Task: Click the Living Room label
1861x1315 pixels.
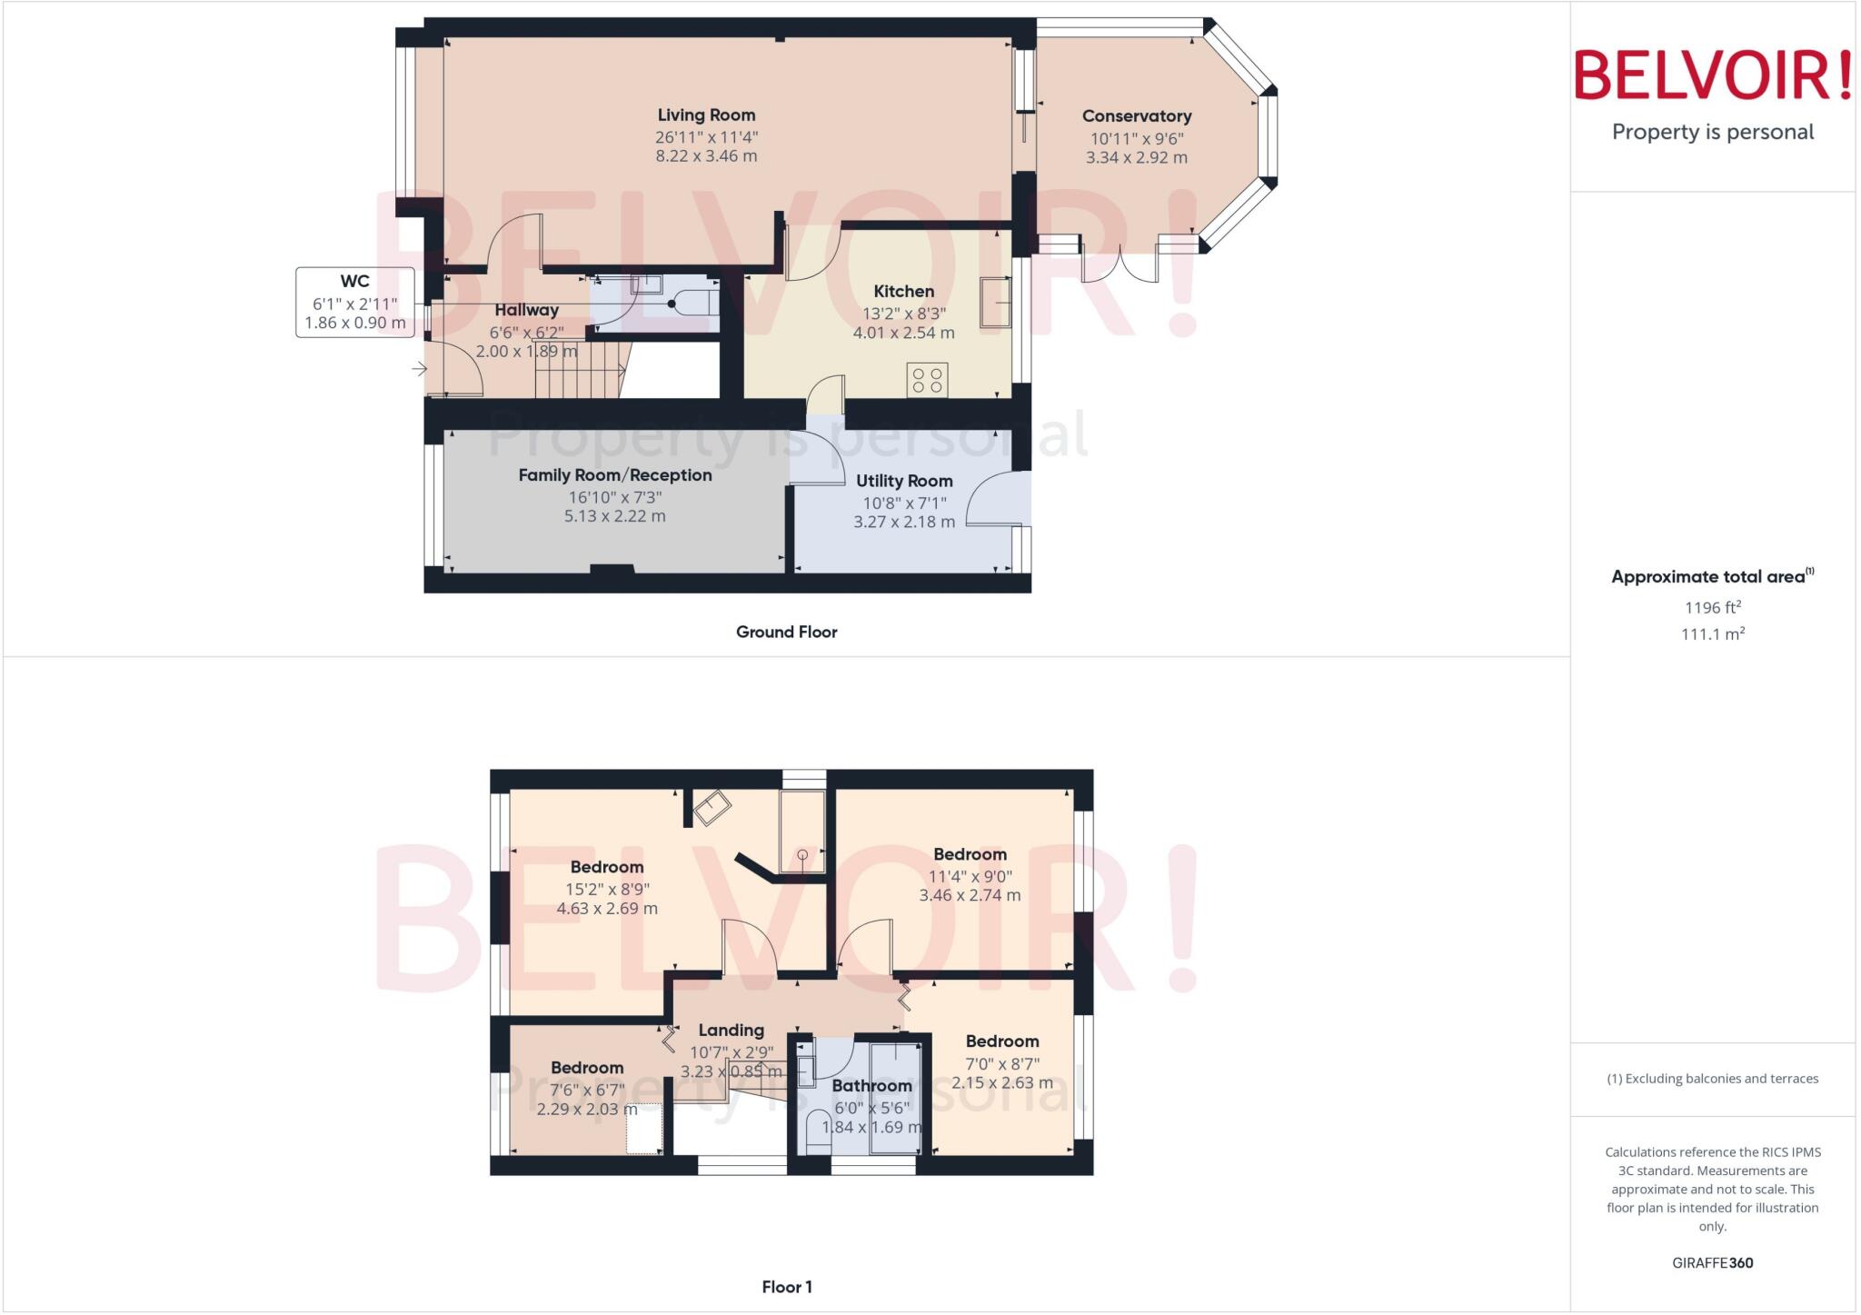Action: tap(706, 115)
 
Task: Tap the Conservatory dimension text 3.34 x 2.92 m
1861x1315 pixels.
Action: tap(1136, 157)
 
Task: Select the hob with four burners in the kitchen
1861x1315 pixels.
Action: tap(927, 380)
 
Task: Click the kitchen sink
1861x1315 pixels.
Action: tap(994, 302)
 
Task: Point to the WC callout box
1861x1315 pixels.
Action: tap(354, 302)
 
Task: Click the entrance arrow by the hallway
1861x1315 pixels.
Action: tap(419, 369)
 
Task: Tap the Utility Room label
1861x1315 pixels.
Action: tap(904, 481)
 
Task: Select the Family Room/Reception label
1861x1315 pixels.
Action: tap(615, 475)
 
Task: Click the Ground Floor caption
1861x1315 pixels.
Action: tap(786, 632)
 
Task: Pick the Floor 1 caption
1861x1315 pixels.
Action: tap(786, 1287)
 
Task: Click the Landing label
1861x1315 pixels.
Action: tap(731, 1031)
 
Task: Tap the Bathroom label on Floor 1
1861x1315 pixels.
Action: tap(871, 1086)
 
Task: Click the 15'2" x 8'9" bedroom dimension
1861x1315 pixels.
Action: tap(607, 890)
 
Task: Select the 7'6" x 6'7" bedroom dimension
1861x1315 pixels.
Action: tap(587, 1091)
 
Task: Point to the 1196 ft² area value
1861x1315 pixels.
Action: tap(1712, 607)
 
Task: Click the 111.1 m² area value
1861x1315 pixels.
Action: tap(1712, 634)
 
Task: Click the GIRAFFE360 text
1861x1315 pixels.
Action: tap(1712, 1262)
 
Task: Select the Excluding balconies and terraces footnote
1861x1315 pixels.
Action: tap(1712, 1079)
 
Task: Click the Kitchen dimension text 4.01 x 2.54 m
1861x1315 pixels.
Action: tap(903, 333)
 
